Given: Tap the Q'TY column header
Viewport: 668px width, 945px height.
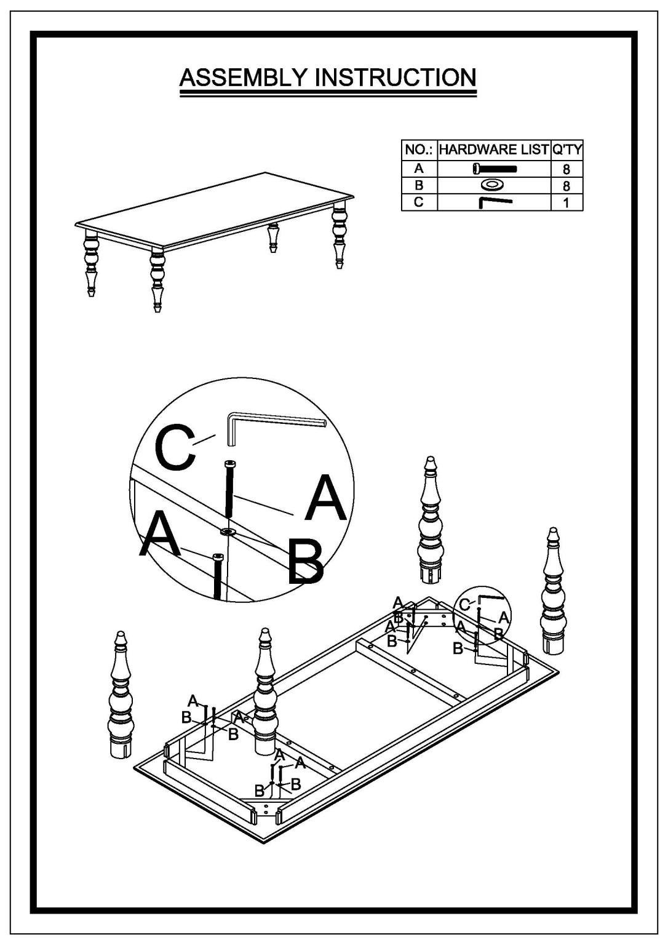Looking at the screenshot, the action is [x=567, y=149].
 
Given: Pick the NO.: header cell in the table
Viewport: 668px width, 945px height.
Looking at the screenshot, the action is [x=419, y=150].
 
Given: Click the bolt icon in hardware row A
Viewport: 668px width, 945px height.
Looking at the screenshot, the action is [x=495, y=169].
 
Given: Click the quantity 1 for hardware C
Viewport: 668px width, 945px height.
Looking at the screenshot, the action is [x=567, y=202].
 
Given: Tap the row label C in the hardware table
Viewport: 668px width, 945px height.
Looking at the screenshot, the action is [x=418, y=202].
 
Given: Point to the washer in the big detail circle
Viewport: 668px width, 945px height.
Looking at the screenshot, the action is [x=228, y=531].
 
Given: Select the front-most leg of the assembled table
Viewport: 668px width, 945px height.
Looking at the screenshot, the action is [x=157, y=281].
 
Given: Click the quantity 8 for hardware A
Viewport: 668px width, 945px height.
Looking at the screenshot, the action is [x=567, y=169].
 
